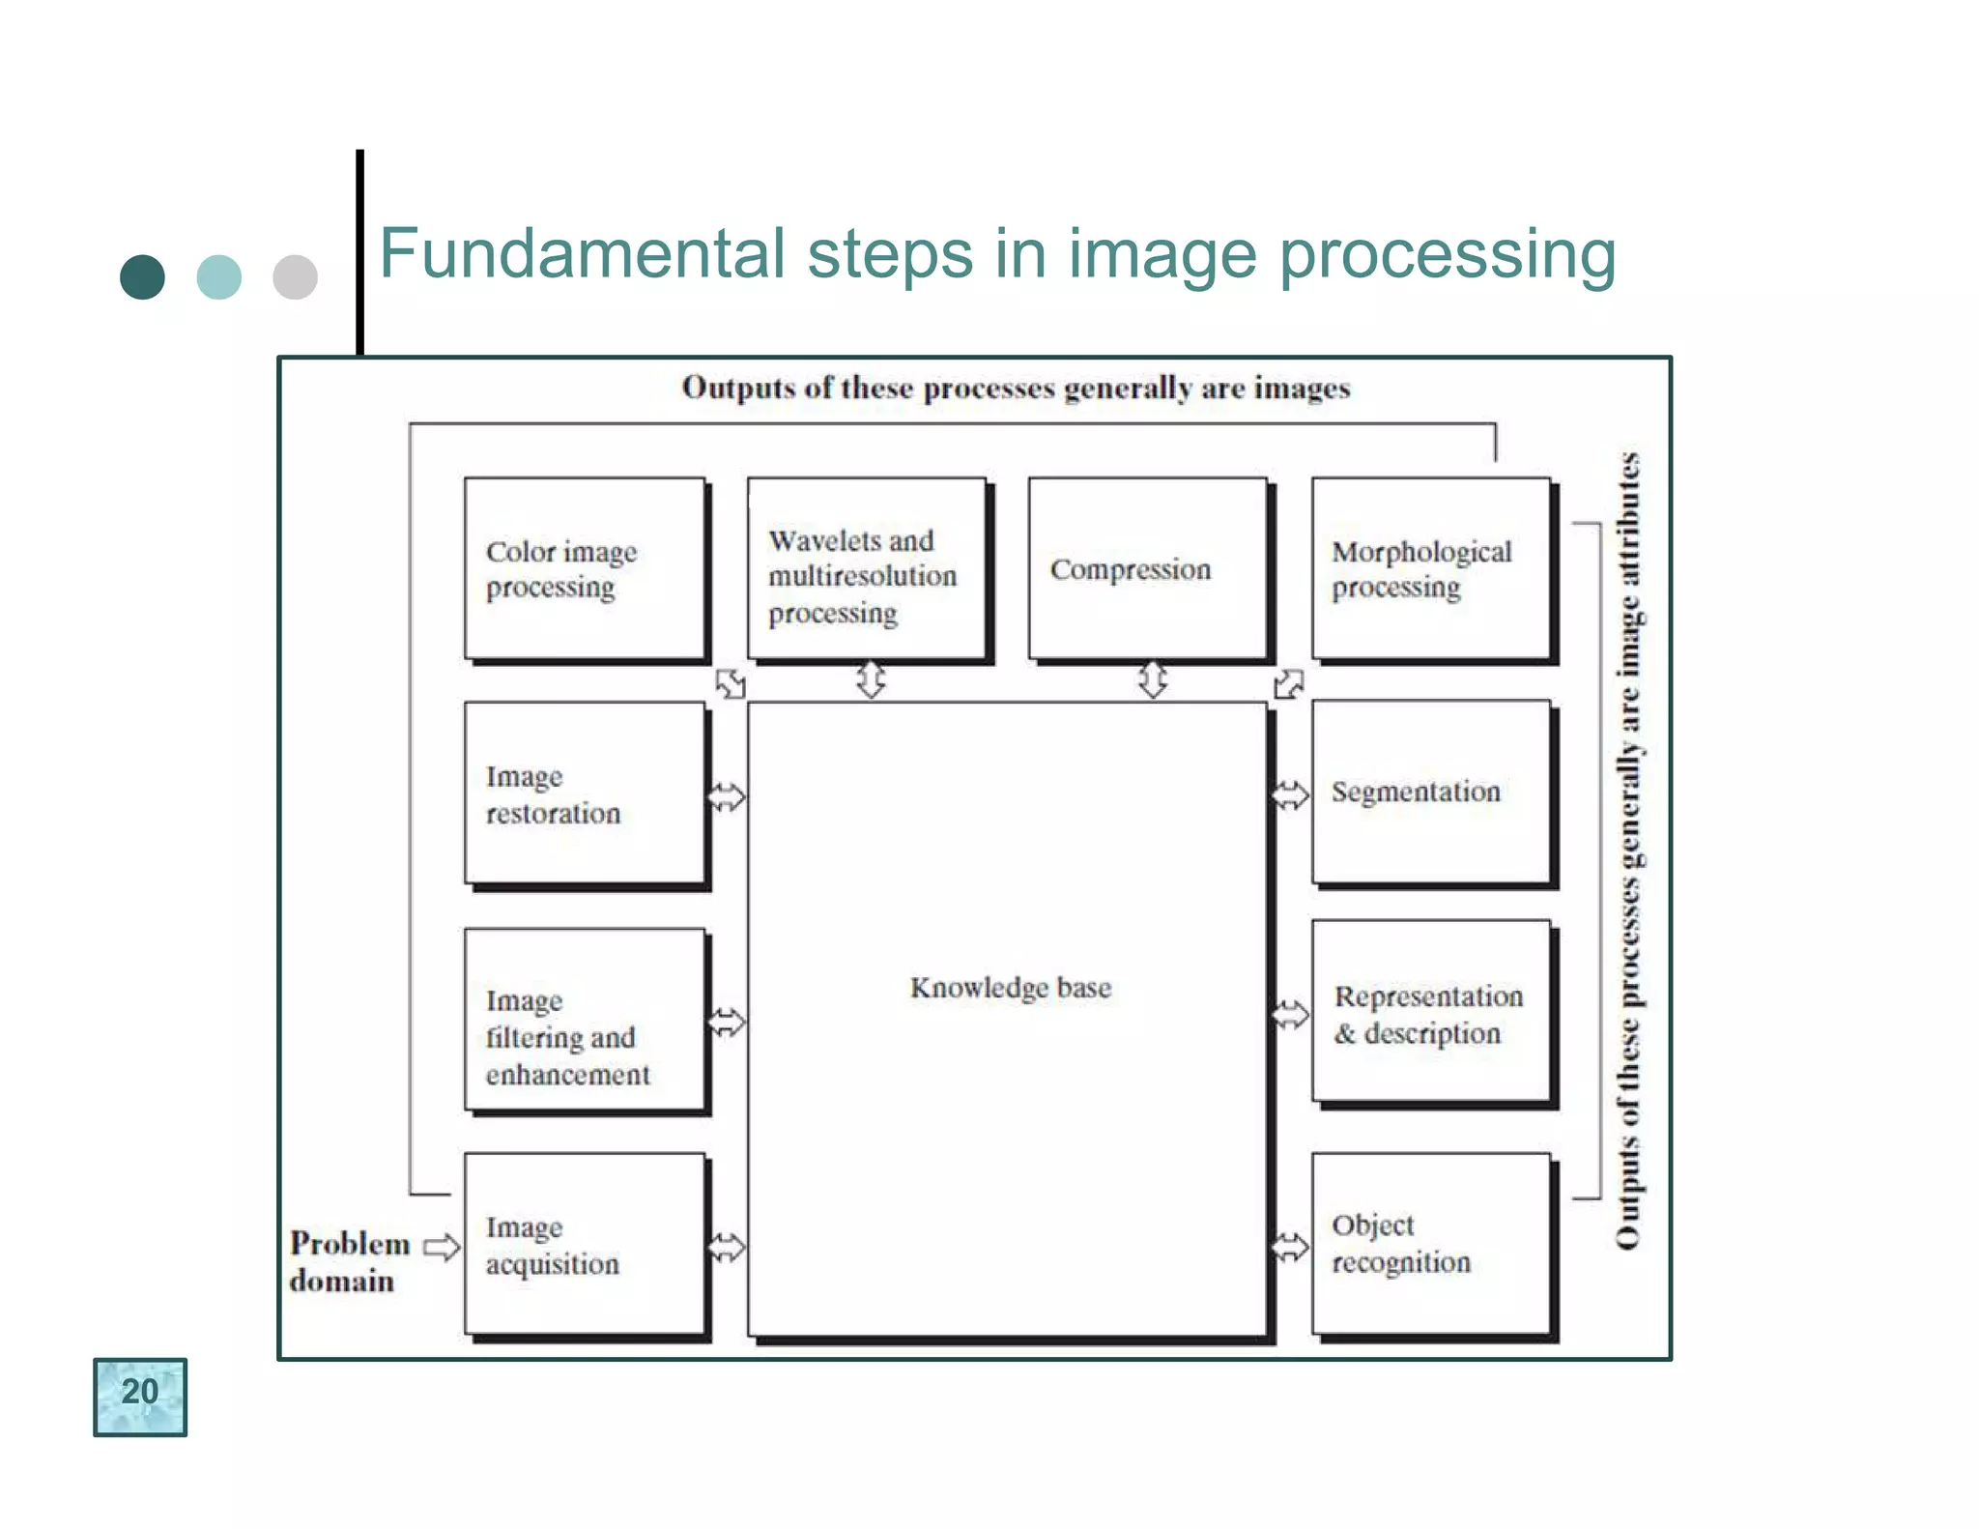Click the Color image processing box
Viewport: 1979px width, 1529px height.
[585, 568]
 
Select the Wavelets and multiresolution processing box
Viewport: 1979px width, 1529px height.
[867, 568]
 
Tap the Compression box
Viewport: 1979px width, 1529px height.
[1148, 568]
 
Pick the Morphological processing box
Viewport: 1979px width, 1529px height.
[1431, 568]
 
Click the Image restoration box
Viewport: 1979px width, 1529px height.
[585, 793]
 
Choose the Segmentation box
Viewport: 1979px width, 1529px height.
[1431, 792]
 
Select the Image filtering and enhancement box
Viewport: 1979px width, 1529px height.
[585, 1019]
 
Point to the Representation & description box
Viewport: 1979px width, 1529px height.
[1431, 1011]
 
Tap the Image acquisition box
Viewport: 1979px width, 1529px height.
[585, 1244]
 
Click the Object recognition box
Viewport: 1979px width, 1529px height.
[1431, 1244]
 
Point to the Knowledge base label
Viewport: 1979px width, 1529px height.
[1011, 988]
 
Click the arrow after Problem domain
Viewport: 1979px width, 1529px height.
[442, 1247]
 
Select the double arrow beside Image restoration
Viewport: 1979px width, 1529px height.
[727, 797]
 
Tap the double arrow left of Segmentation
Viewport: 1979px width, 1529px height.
[1289, 795]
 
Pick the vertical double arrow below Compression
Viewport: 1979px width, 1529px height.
[1153, 679]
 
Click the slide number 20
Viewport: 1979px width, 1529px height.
[140, 1395]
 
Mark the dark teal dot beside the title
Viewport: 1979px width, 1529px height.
[142, 277]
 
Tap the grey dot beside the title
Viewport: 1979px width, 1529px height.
[295, 277]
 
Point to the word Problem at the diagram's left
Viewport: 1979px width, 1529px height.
[350, 1243]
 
